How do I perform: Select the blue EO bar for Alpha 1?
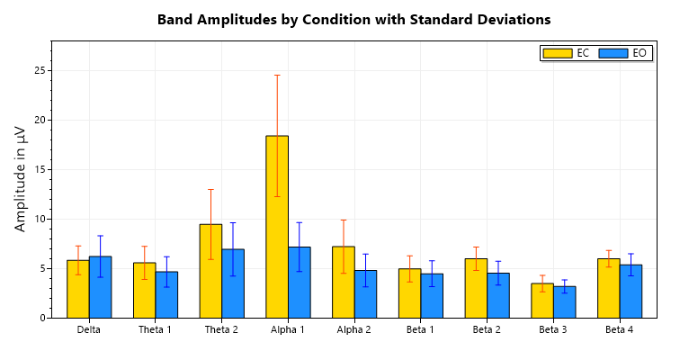tap(300, 283)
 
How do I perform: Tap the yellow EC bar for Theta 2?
tap(210, 271)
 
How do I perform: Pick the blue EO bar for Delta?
tap(100, 287)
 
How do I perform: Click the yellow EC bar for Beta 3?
tap(542, 301)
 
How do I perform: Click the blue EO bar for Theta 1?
tap(166, 294)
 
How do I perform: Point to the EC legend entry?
tap(566, 53)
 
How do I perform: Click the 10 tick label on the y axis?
tap(39, 219)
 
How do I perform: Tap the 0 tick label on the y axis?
tap(41, 318)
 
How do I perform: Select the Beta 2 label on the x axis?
tap(487, 330)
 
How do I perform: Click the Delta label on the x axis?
tap(89, 330)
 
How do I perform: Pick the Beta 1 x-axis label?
tap(421, 330)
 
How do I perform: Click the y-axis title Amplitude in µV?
tap(21, 179)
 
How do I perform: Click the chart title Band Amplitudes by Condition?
tap(353, 20)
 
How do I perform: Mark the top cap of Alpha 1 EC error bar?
tap(277, 75)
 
